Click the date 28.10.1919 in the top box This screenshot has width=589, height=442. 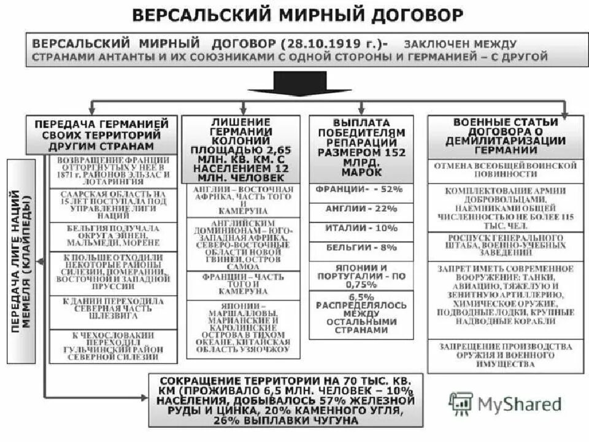[x=320, y=44]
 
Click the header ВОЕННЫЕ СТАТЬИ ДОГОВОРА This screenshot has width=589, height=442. [x=505, y=136]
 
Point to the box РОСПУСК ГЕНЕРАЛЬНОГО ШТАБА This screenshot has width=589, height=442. [x=505, y=246]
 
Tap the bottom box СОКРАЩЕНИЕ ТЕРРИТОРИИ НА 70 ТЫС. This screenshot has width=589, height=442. [x=285, y=400]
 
